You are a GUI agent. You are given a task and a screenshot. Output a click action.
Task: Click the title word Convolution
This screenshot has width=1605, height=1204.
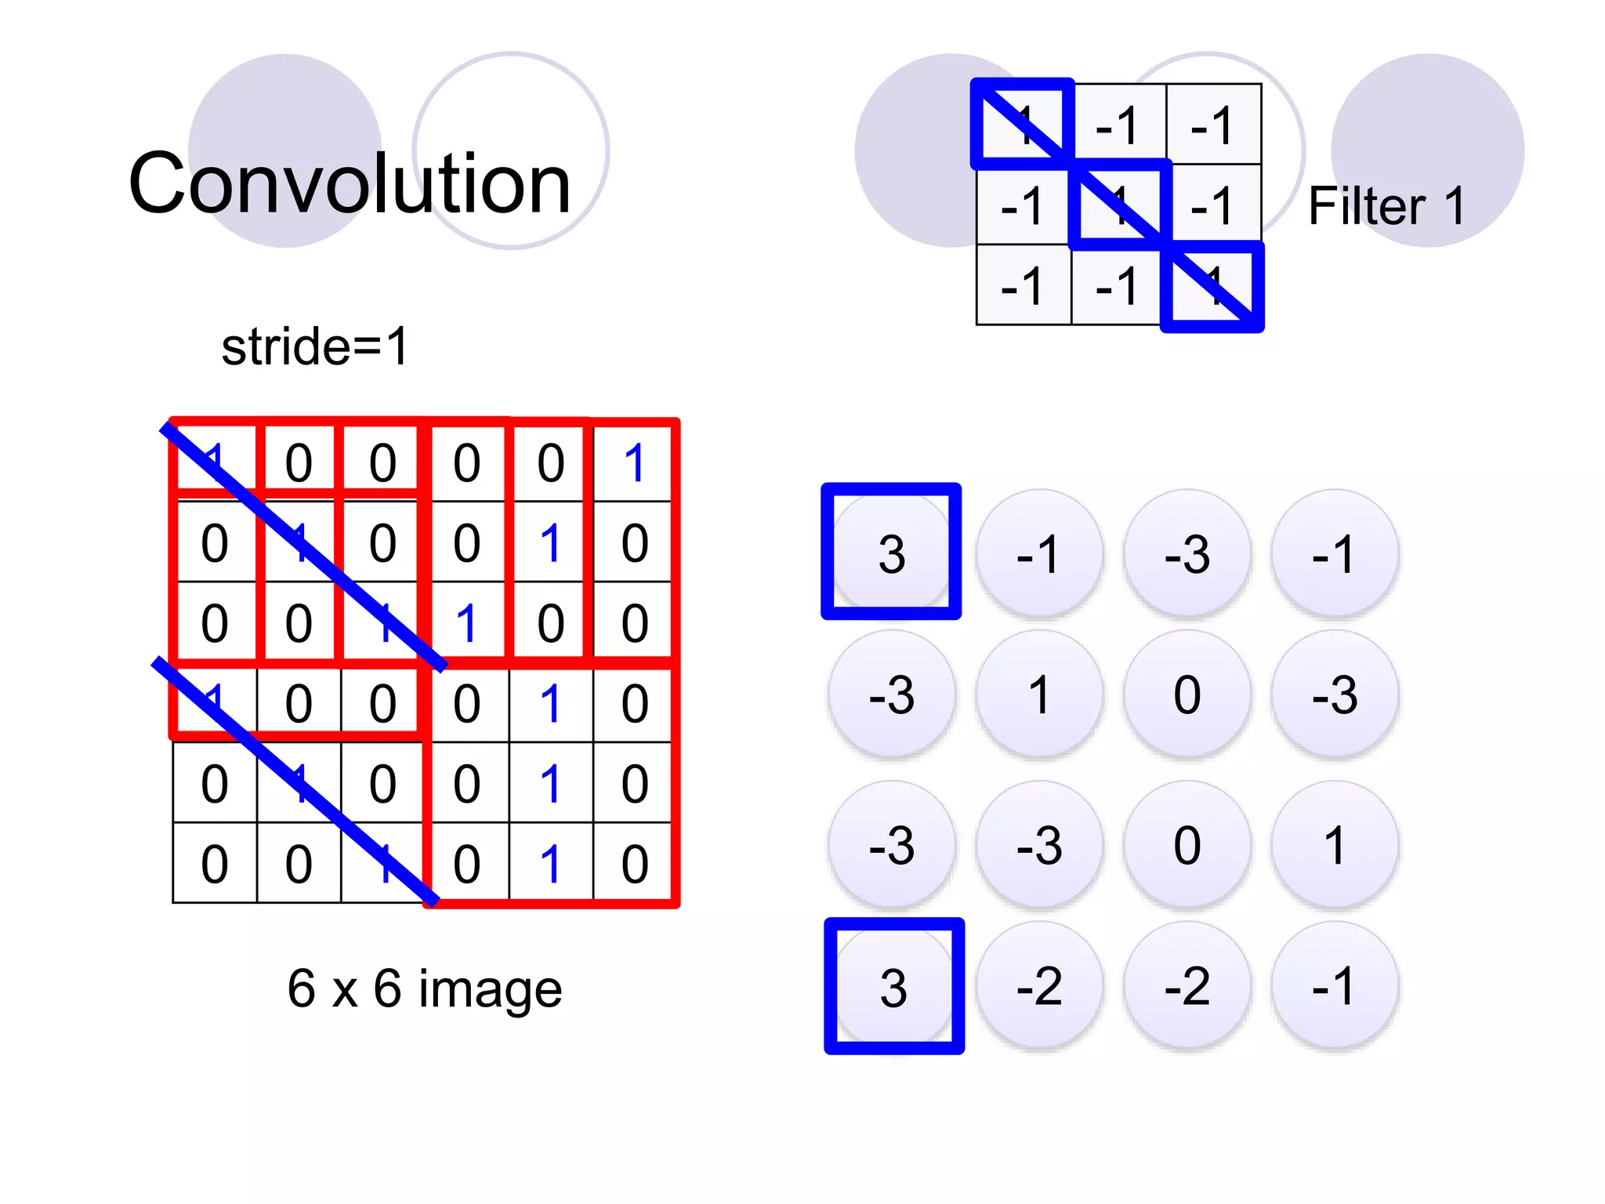[350, 184]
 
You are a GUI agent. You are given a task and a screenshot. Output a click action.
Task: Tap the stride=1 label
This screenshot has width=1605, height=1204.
[315, 346]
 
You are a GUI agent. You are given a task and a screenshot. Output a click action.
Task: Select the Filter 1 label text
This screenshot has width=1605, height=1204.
[1386, 207]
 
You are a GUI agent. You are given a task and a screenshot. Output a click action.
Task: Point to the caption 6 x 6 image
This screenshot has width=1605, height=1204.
[424, 988]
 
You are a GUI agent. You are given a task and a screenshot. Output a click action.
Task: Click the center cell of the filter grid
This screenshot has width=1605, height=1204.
[1120, 205]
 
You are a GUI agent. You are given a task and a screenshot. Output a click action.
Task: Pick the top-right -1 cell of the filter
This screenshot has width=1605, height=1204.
[1212, 125]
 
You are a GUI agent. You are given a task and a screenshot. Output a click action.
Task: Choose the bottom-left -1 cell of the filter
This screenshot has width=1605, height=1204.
[1023, 285]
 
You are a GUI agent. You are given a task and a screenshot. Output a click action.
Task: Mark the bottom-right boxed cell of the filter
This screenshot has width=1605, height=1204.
[1212, 286]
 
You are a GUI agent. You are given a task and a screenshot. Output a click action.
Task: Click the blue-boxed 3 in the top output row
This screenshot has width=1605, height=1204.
[892, 553]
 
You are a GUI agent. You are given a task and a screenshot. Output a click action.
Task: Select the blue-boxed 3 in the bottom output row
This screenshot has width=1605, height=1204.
[893, 987]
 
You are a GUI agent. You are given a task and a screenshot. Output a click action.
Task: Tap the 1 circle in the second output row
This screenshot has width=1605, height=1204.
[1039, 694]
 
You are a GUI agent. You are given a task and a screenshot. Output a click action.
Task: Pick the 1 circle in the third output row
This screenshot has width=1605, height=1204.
[1335, 845]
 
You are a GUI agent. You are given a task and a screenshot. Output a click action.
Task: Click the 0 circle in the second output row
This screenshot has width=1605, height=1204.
[1187, 694]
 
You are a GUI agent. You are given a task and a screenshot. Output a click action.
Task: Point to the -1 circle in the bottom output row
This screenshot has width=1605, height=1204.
[1335, 986]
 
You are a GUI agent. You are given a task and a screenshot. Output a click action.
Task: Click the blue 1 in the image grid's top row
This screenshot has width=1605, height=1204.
[634, 462]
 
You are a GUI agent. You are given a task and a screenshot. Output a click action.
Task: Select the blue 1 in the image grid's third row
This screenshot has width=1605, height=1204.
[466, 623]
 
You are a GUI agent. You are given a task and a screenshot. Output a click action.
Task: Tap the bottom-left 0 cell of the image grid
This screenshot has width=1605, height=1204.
[215, 864]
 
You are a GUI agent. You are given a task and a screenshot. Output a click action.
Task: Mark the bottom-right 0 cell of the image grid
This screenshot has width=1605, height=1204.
[634, 864]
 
